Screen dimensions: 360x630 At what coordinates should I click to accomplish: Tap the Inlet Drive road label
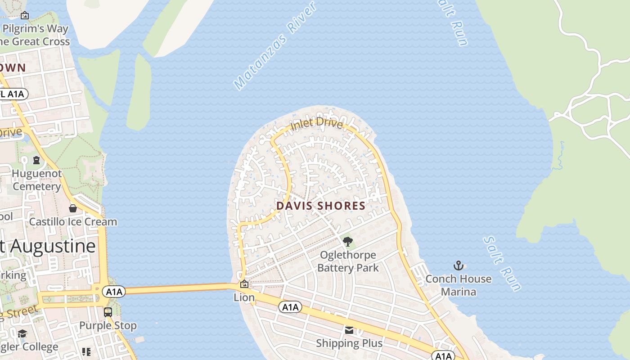point(316,124)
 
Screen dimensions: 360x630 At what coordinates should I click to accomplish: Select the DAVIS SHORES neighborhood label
point(321,206)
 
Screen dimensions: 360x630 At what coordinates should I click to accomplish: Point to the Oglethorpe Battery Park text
point(347,261)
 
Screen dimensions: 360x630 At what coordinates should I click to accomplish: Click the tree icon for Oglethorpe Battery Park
point(347,242)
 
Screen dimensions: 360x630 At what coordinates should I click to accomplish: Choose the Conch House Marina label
point(458,285)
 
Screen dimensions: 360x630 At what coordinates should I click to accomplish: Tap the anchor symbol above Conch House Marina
point(458,265)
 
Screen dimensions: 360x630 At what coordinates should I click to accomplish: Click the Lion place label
point(244,297)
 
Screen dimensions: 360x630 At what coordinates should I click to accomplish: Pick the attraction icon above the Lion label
point(244,284)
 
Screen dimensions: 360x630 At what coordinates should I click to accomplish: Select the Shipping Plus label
point(349,343)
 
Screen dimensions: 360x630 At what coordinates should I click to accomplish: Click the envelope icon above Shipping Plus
point(349,330)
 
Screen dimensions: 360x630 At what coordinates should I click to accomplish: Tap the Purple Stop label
point(108,325)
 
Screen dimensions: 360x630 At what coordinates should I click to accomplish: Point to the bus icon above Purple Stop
point(108,312)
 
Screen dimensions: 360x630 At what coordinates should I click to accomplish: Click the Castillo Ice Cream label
point(73,222)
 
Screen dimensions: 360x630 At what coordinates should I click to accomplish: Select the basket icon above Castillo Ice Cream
point(73,208)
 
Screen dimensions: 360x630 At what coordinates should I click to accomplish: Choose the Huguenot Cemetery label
point(36,180)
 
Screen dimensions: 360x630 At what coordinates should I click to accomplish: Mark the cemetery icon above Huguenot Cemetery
point(36,160)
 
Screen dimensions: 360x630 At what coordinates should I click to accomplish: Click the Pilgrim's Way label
point(36,29)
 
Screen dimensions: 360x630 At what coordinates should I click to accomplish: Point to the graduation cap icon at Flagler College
point(22,333)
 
